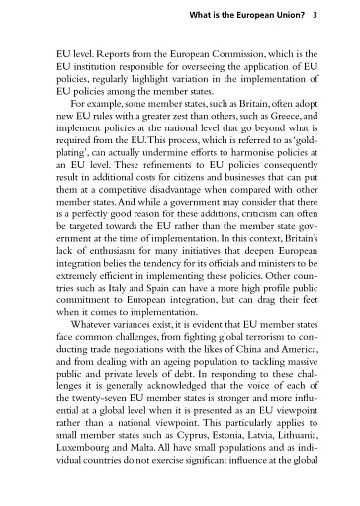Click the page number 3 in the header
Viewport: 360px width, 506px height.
tap(314, 16)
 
